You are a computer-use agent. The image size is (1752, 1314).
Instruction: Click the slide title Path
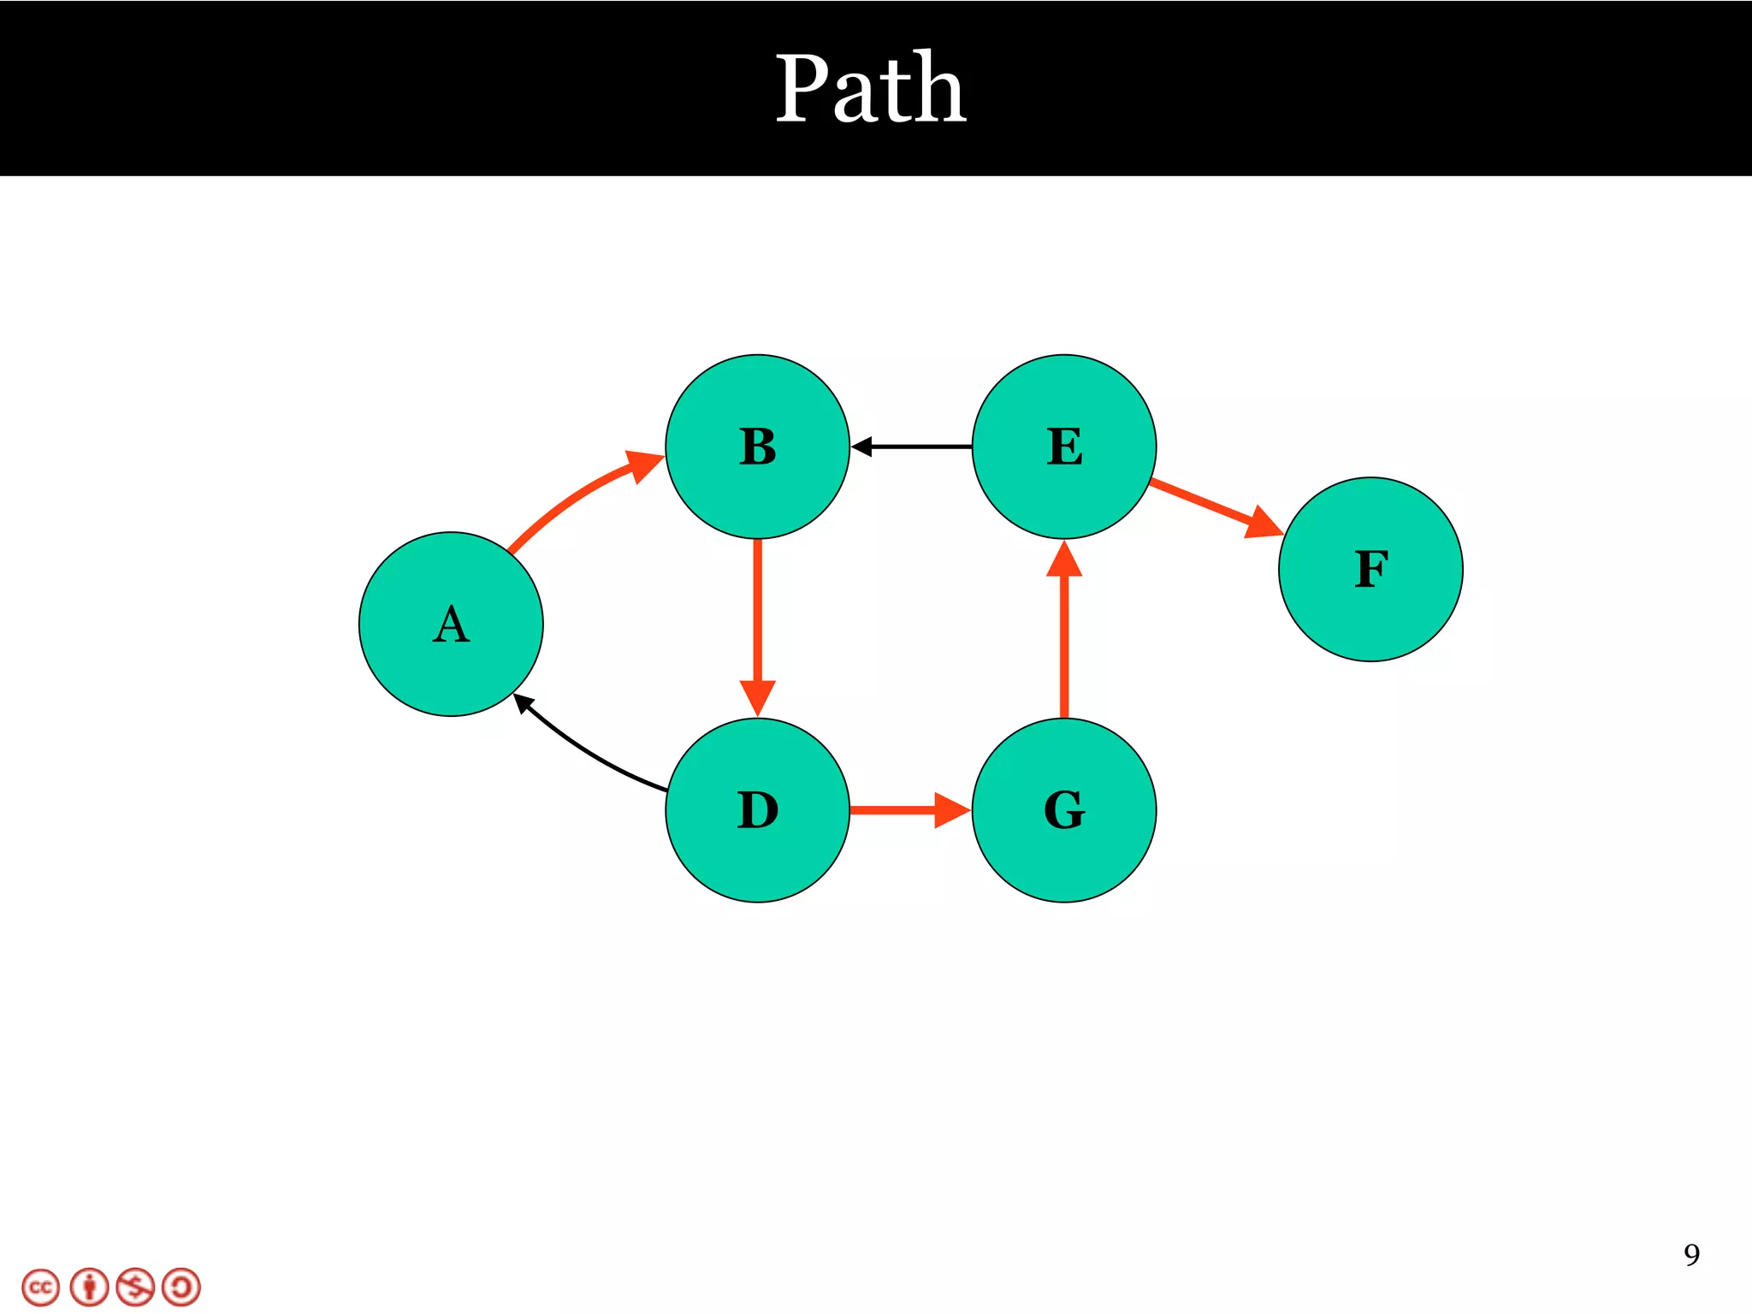tap(871, 88)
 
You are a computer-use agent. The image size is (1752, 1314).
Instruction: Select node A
tap(451, 624)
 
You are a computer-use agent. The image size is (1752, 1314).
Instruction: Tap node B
tap(757, 447)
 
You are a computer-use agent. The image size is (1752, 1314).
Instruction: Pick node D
tap(757, 810)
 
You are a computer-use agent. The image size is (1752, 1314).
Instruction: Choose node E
tap(1064, 447)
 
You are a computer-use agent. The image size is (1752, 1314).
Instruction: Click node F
tap(1370, 570)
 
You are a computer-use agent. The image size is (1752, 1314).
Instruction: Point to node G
tap(1064, 810)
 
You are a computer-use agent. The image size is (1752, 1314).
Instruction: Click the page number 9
tap(1691, 1255)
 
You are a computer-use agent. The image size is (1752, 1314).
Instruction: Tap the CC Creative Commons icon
tap(41, 1287)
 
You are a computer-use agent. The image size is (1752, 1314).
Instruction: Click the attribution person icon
tap(89, 1287)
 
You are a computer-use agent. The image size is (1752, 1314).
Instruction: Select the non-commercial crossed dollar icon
tap(135, 1287)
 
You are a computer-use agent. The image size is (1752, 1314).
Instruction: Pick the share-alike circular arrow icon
tap(181, 1287)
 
